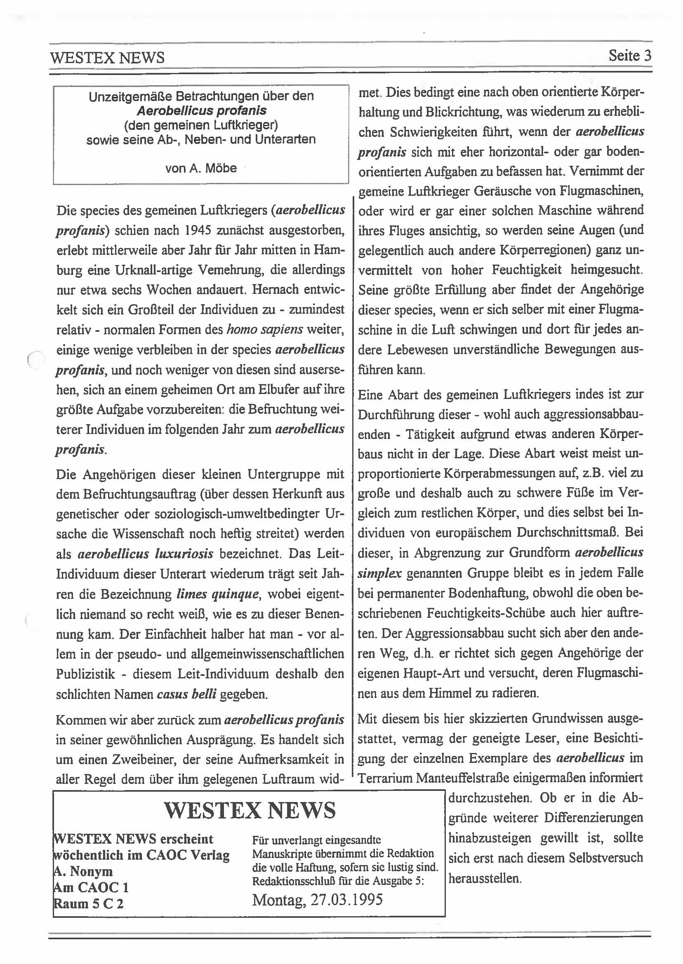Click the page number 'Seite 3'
coord(629,56)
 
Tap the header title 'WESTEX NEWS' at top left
coord(107,58)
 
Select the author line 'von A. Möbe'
coord(201,168)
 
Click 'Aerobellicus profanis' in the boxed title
coord(201,111)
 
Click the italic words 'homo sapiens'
coord(264,329)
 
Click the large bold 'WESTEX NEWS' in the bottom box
coord(250,811)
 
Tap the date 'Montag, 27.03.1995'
coord(318,900)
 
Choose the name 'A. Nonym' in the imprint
coord(83,872)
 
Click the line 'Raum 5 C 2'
coord(89,903)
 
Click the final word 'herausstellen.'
coord(485,878)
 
